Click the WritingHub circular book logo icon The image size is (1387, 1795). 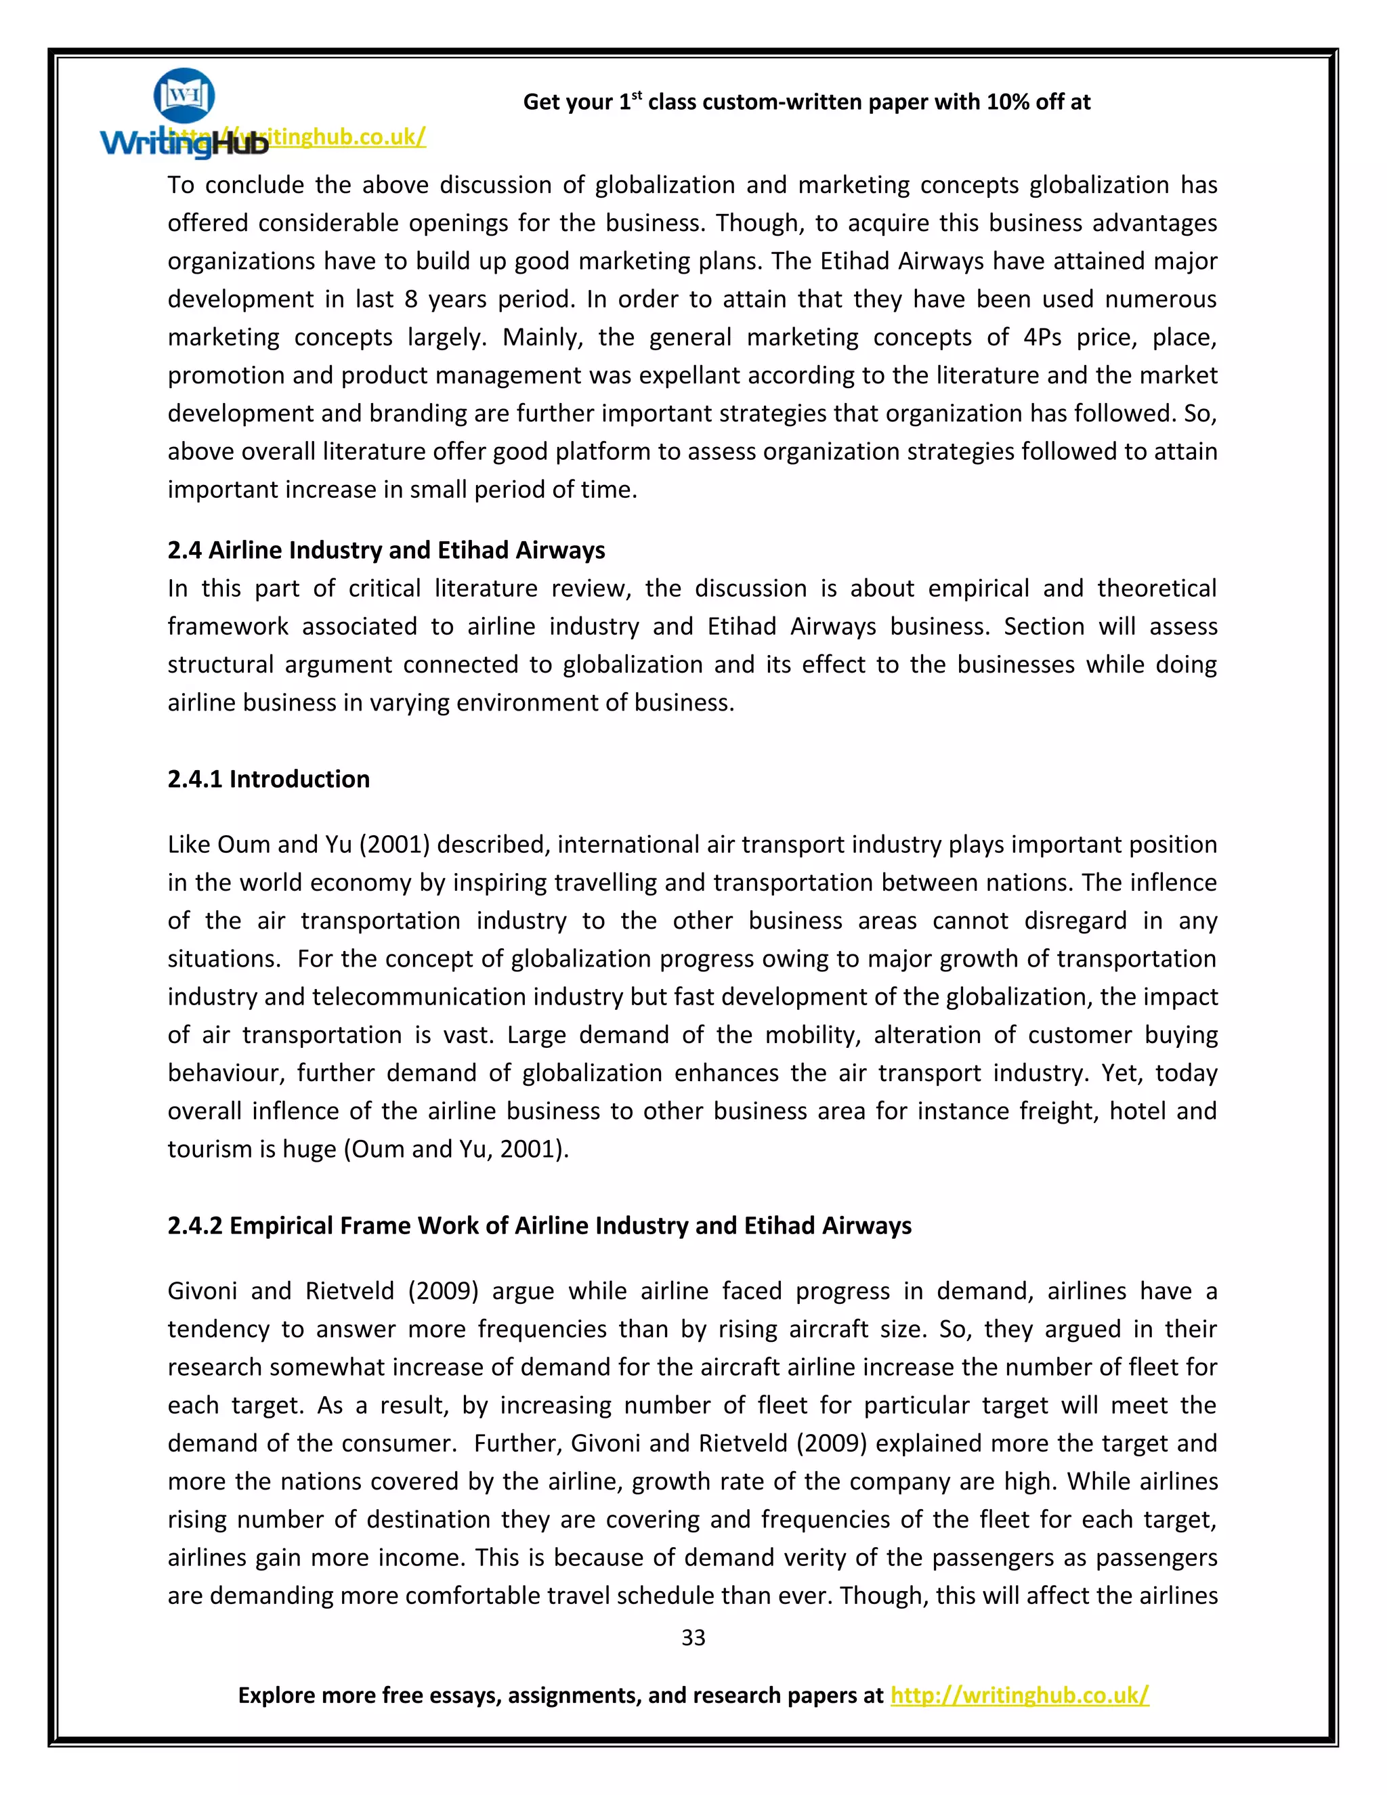(184, 95)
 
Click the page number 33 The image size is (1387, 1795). (693, 1637)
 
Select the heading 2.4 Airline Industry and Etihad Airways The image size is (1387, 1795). (386, 550)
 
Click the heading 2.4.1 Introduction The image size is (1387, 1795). (269, 778)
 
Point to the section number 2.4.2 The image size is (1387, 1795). (196, 1225)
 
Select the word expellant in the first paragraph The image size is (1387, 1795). (694, 375)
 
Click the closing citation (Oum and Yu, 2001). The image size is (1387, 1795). (456, 1149)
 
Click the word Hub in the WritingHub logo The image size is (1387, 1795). (239, 145)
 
